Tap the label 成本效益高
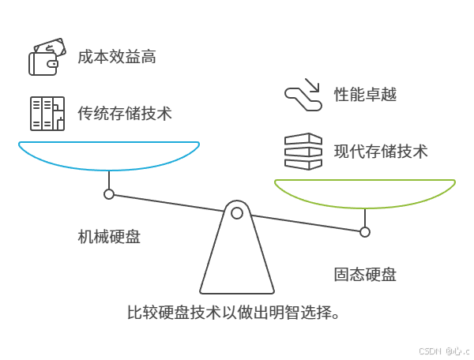click(116, 58)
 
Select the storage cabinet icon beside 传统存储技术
click(45, 114)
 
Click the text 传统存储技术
click(124, 113)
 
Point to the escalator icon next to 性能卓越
click(303, 94)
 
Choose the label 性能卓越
click(365, 95)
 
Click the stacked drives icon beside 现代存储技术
click(303, 151)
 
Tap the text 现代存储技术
click(381, 151)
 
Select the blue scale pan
click(109, 158)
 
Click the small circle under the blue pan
click(109, 194)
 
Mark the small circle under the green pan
click(365, 232)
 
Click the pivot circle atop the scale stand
click(236, 212)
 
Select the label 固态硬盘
click(364, 275)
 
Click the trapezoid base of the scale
click(236, 261)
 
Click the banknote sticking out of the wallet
click(49, 47)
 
